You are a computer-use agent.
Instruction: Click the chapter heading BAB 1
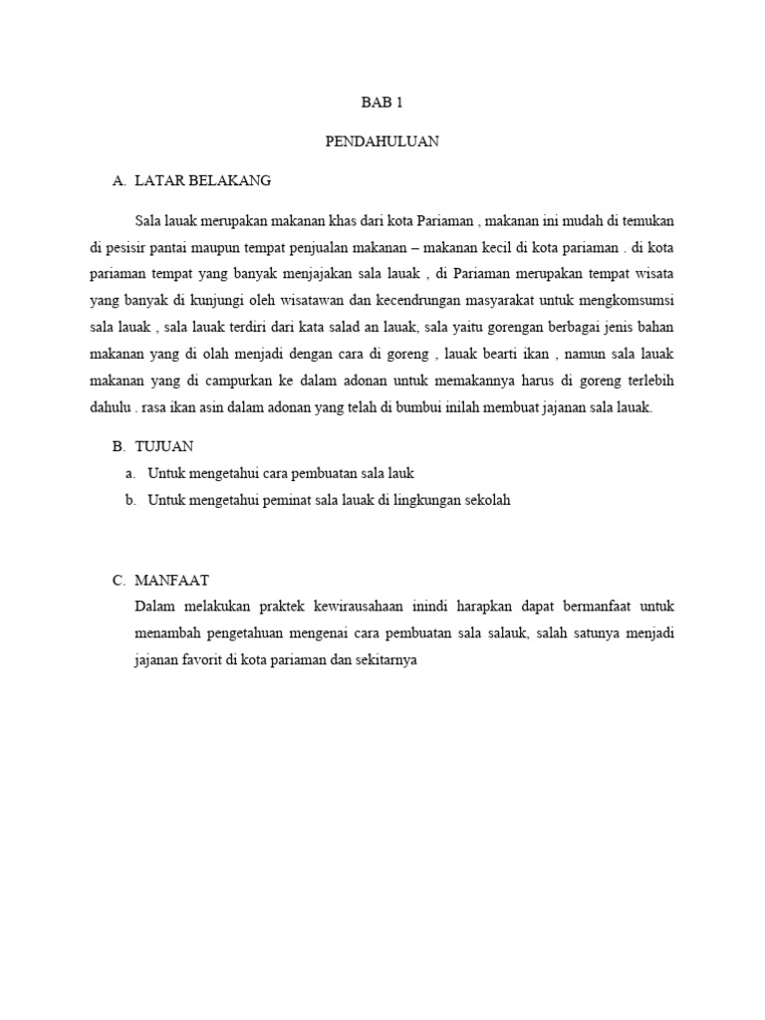(x=382, y=103)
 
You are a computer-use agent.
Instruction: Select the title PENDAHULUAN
(x=382, y=141)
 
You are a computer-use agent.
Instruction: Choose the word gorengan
(x=500, y=327)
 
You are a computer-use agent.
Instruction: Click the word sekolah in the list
(x=486, y=500)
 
